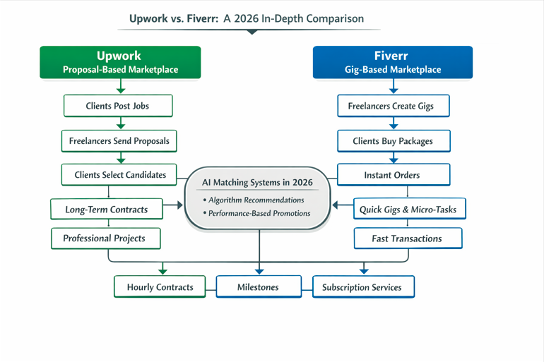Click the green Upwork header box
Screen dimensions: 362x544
[x=120, y=62]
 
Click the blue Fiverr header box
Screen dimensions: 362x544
[x=393, y=62]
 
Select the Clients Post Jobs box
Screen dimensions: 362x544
[x=117, y=106]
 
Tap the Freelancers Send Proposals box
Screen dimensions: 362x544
[x=119, y=140]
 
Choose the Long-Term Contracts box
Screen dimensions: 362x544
[x=106, y=210]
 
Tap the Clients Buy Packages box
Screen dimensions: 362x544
[x=393, y=140]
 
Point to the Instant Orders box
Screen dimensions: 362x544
[x=393, y=174]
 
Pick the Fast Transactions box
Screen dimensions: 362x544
[x=407, y=239]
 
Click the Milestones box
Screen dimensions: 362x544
[x=258, y=287]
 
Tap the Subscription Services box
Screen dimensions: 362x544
[x=362, y=287]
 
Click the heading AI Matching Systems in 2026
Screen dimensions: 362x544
[x=257, y=182]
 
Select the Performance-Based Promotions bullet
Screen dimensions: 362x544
[x=256, y=213]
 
